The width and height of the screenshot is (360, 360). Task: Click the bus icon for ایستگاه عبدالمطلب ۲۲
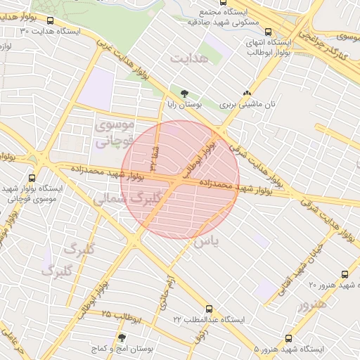click(209, 308)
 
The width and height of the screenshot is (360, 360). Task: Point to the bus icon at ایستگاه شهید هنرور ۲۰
click(344, 274)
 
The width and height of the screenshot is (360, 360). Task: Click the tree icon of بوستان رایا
click(185, 93)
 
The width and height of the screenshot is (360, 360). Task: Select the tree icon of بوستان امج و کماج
click(122, 338)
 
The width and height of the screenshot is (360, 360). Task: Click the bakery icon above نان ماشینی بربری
click(247, 93)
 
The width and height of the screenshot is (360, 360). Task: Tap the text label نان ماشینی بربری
click(247, 104)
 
